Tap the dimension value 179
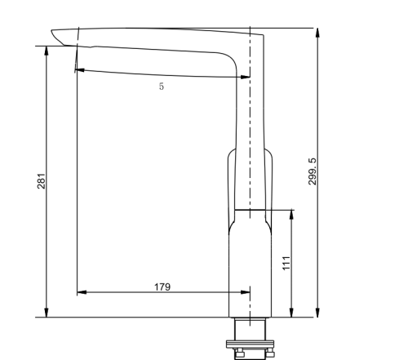click(162, 286)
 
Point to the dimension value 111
click(286, 262)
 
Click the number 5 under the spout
click(161, 86)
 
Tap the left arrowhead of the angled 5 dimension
click(78, 70)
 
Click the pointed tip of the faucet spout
click(51, 33)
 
